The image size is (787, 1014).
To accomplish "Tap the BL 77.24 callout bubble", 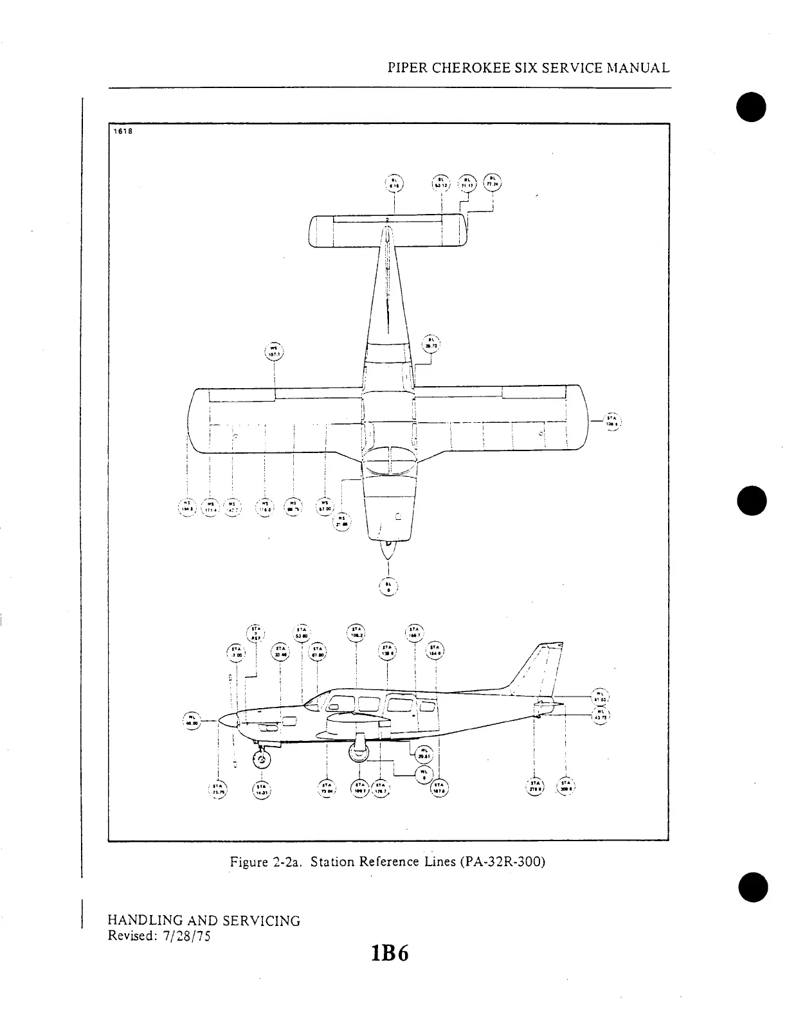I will tap(493, 182).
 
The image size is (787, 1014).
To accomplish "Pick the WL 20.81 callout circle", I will tap(424, 754).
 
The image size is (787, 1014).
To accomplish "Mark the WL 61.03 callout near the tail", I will tap(599, 697).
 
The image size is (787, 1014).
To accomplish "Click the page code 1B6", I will tap(389, 954).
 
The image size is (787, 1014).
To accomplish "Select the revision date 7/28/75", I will tap(187, 936).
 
